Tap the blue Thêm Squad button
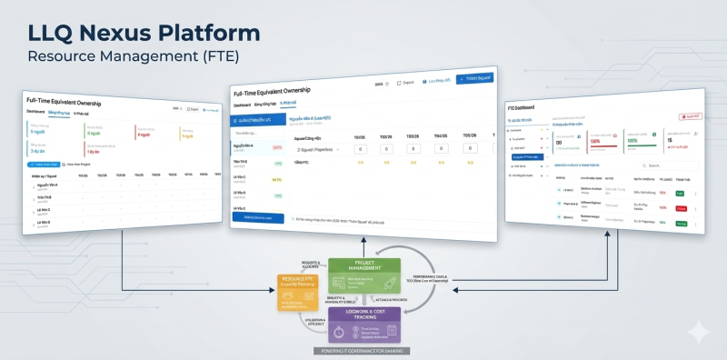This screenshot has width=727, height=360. click(x=473, y=80)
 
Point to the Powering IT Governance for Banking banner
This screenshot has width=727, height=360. click(x=361, y=351)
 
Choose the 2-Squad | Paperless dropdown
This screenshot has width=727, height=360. click(x=314, y=149)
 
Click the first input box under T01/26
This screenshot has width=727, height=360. click(x=361, y=148)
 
